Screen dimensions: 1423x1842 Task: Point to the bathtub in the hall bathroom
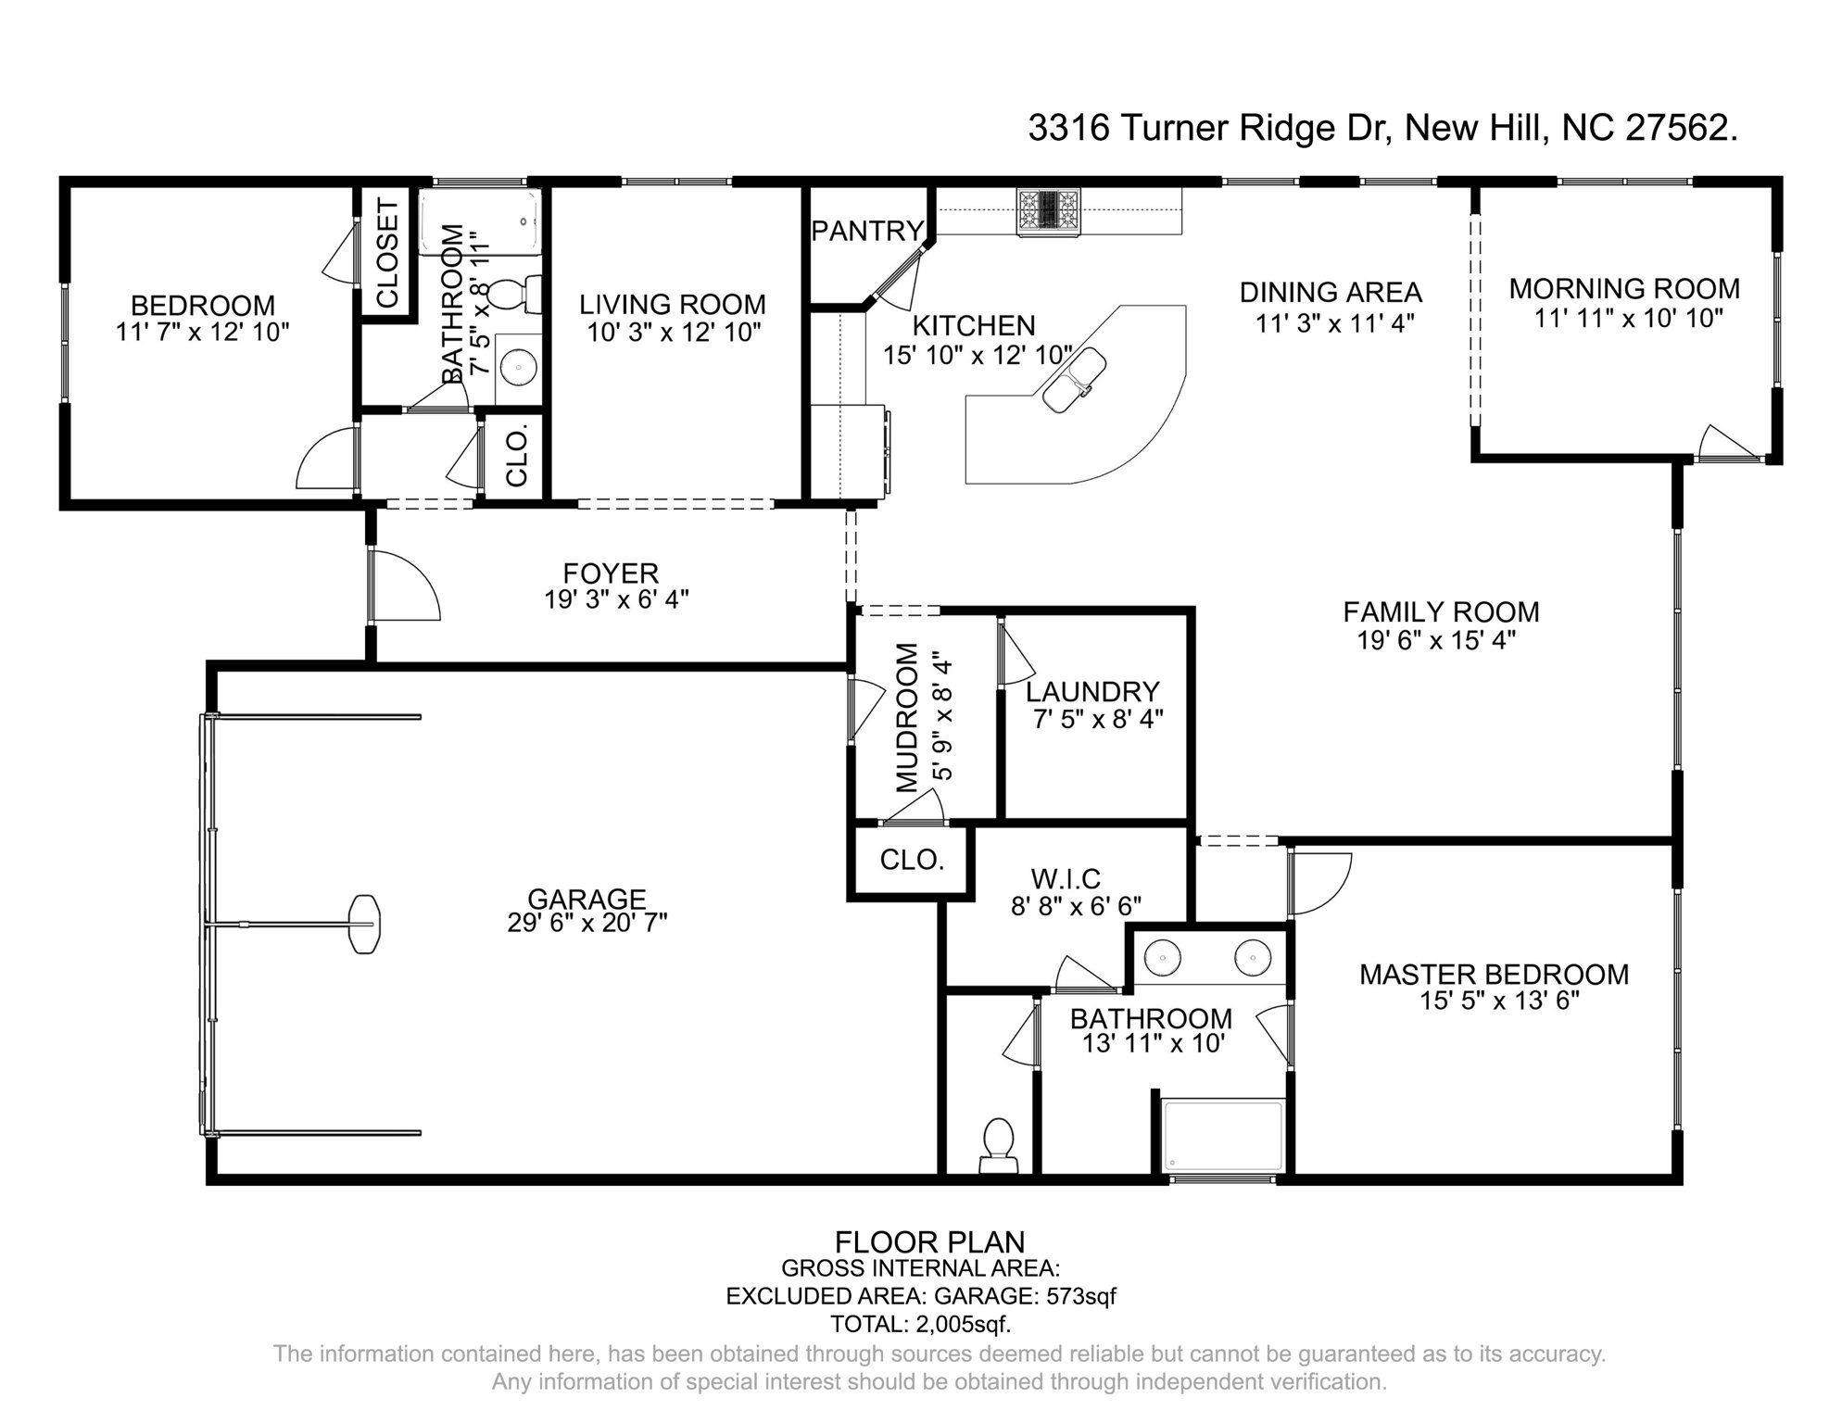[x=480, y=222]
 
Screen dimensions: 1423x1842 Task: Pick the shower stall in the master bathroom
[x=1223, y=1136]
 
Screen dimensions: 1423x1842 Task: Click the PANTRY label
[x=868, y=231]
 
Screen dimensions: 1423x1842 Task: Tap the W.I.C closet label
[x=1066, y=878]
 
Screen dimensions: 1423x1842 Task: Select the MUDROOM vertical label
[x=907, y=718]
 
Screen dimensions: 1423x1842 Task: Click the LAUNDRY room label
[x=1092, y=692]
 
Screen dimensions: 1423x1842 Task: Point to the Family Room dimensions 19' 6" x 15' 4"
[x=1436, y=640]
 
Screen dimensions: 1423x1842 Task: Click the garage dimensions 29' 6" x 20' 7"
[x=587, y=923]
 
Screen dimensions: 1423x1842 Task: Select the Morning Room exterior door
[x=1729, y=444]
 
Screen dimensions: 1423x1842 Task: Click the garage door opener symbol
[x=365, y=924]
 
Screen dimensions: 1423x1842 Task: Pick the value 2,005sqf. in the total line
[x=964, y=1323]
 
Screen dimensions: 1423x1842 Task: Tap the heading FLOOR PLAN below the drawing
[x=929, y=1241]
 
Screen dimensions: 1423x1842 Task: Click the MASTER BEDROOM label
[x=1493, y=975]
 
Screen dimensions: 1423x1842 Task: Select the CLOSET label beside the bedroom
[x=386, y=252]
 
